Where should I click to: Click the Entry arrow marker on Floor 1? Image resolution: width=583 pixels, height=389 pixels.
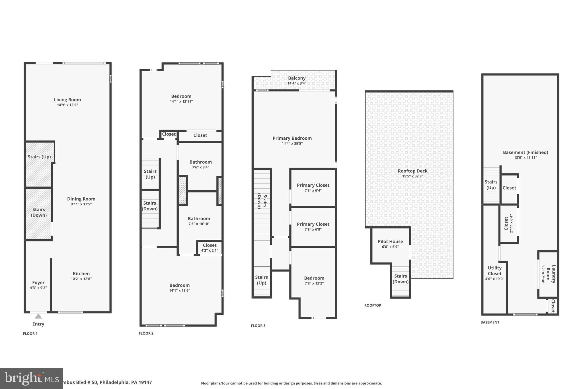(38, 316)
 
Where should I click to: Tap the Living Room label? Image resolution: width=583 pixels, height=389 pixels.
(67, 99)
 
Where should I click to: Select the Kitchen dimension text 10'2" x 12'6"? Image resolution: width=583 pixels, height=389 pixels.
(81, 279)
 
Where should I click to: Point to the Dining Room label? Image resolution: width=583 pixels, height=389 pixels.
(81, 199)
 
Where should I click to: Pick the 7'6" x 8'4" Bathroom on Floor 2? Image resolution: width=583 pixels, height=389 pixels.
(200, 164)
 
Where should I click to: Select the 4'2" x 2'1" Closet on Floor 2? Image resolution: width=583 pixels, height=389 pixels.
(210, 247)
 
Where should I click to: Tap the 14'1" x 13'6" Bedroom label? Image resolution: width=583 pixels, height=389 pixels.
(179, 285)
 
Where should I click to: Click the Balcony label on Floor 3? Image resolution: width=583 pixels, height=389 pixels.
(297, 78)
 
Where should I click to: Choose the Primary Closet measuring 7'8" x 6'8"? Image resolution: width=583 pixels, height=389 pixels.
(313, 227)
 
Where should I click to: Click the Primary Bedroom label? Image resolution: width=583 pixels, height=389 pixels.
(292, 138)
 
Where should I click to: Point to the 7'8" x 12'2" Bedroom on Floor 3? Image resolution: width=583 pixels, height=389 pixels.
(314, 280)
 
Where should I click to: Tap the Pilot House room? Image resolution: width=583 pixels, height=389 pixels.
(390, 244)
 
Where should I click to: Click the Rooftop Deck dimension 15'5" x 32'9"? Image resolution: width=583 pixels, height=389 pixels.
(412, 176)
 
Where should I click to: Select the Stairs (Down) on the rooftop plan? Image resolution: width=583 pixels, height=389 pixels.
(401, 279)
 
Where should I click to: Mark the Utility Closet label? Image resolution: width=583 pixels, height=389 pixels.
(494, 271)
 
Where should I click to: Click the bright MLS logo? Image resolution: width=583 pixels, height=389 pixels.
(31, 378)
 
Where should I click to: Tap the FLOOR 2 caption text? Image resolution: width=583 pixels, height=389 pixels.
(146, 333)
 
